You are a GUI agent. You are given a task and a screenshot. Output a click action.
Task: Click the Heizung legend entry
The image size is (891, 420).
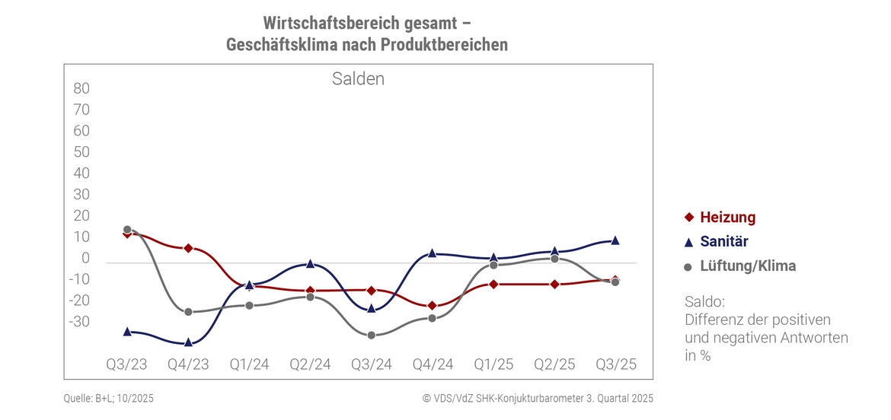[x=727, y=218]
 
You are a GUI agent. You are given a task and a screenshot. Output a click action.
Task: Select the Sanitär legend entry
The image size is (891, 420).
[x=723, y=242]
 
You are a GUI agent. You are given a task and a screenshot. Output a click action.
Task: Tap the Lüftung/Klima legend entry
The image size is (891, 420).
[x=747, y=266]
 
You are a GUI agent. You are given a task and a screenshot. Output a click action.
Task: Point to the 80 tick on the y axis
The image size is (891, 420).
[x=81, y=88]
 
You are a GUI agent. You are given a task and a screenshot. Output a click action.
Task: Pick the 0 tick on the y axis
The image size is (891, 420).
[x=86, y=259]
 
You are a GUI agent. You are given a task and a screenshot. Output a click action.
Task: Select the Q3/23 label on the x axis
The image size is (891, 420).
[x=126, y=364]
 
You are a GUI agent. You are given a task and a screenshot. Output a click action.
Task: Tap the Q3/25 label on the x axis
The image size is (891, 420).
[x=615, y=364]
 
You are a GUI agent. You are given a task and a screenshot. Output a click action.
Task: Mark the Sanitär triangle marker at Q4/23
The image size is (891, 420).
[x=188, y=342]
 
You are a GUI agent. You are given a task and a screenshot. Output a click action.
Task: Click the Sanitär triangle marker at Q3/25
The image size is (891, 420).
[x=615, y=240]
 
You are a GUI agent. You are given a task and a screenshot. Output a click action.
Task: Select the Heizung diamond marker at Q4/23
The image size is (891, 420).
[x=188, y=249]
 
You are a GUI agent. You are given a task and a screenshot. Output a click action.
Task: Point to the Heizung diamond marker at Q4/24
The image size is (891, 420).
[x=432, y=306]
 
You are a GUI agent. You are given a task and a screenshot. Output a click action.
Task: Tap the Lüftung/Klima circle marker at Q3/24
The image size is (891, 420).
[x=371, y=336]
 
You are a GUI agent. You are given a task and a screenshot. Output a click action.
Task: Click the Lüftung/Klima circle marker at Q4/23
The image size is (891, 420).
[x=188, y=312]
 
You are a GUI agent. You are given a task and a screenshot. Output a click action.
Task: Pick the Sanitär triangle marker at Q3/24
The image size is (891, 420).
[x=371, y=308]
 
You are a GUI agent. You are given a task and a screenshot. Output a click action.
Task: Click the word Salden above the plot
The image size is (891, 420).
[x=358, y=79]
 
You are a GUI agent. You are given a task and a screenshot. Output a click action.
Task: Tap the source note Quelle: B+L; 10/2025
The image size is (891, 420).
[x=109, y=398]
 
